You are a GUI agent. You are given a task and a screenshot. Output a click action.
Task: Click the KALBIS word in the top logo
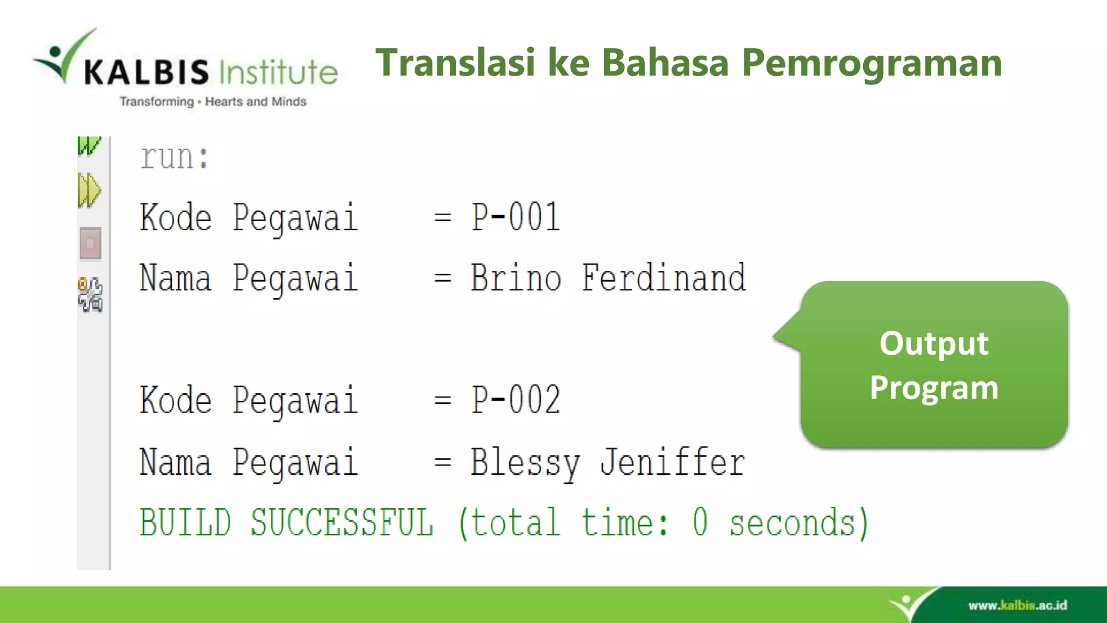(146, 72)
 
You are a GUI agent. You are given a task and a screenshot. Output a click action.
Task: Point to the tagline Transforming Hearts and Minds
(213, 102)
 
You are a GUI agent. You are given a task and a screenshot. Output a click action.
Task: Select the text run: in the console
(174, 157)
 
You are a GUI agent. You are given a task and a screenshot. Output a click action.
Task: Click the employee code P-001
(515, 217)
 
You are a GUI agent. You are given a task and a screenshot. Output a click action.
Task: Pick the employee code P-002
(515, 400)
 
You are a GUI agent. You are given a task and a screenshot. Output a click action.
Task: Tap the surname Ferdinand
(663, 278)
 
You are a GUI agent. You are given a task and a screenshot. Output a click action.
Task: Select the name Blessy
(524, 463)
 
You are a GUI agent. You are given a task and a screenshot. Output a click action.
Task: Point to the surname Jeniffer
(672, 463)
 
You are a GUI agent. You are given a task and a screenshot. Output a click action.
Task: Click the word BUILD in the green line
(185, 523)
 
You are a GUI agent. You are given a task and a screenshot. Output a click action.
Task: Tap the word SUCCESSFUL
(342, 523)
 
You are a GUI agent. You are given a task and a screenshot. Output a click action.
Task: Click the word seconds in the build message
(798, 523)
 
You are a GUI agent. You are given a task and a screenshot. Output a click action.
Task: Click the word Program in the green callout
(933, 387)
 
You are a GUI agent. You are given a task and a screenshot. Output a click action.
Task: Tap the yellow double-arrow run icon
(89, 190)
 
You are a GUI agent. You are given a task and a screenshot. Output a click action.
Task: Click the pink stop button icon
(90, 243)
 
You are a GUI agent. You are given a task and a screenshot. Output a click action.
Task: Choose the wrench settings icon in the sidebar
(90, 294)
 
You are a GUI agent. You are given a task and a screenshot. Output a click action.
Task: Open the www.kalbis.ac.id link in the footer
(1017, 605)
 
